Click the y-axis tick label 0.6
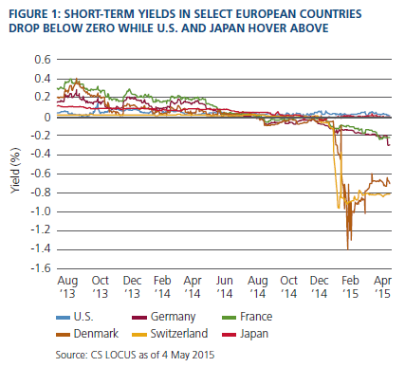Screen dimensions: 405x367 pos(43,59)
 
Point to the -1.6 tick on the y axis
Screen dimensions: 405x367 pos(41,268)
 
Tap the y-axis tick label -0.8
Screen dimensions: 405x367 pos(41,193)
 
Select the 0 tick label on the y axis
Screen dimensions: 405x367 pos(47,118)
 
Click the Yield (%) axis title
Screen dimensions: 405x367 pos(15,170)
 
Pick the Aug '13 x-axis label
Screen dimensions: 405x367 pos(67,287)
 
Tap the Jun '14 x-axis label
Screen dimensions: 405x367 pos(225,287)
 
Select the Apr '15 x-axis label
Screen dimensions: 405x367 pos(382,287)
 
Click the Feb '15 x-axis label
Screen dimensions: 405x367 pos(350,287)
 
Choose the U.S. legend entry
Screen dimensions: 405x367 pos(75,317)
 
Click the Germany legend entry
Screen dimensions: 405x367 pos(164,317)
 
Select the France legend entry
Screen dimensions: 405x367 pos(248,317)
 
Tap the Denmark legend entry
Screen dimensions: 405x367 pos(87,334)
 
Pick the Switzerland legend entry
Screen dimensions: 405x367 pos(170,334)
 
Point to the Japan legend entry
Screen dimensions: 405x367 pos(246,334)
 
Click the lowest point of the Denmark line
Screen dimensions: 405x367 pos(348,249)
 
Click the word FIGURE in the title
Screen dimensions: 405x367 pos(28,14)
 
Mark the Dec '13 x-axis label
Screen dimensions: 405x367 pos(132,287)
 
